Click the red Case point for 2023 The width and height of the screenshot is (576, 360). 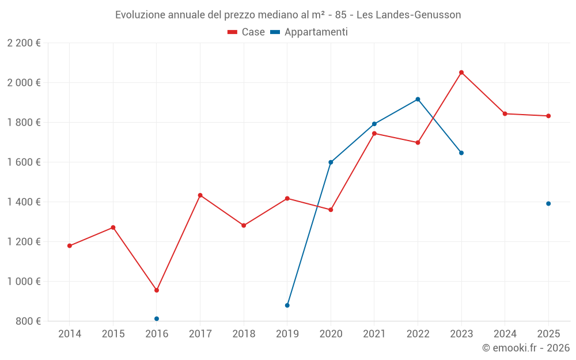point(461,73)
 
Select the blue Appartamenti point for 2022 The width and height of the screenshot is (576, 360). point(418,99)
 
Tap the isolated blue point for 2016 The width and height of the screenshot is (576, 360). point(157,319)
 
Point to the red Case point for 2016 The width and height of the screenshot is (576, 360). point(157,290)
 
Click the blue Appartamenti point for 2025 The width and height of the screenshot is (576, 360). point(548,203)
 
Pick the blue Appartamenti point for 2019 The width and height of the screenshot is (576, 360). point(287,305)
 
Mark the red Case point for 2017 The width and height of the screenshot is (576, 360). point(200,195)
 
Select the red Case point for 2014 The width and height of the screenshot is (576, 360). point(70,246)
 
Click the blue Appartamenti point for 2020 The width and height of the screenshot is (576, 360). point(331,162)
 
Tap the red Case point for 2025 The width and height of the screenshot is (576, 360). point(548,116)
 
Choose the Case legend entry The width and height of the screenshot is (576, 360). point(247,32)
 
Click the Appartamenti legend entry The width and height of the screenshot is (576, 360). point(310,32)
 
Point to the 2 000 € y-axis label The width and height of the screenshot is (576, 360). point(24,82)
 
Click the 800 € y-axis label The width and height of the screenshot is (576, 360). point(27,321)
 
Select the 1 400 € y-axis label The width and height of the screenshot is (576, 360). point(24,202)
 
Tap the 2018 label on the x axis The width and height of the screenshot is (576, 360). point(244,334)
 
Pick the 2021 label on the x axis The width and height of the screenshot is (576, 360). point(374,334)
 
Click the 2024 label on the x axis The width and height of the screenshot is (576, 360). point(505,334)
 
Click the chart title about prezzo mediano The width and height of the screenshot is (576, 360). point(288,14)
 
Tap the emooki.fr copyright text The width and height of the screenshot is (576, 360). point(526,348)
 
